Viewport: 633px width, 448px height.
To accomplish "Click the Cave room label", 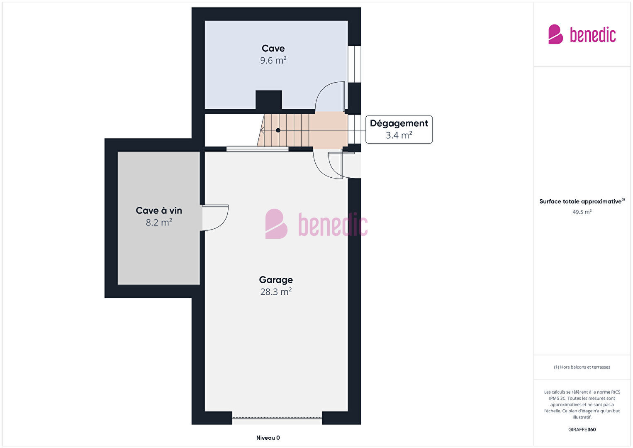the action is [x=273, y=48].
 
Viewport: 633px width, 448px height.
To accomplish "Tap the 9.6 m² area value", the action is [x=273, y=60].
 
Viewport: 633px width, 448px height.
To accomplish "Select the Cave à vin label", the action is [x=159, y=211].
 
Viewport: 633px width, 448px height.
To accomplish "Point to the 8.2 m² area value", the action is [x=159, y=223].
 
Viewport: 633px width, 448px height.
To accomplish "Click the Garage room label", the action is [x=276, y=280].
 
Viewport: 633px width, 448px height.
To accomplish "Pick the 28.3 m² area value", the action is [x=276, y=291].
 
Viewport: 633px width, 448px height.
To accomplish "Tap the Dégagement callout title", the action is [x=399, y=123].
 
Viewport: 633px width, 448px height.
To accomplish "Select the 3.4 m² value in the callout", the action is [x=399, y=135].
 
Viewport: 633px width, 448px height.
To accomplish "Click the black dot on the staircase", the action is [x=278, y=130].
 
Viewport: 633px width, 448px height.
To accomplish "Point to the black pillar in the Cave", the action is [x=269, y=100].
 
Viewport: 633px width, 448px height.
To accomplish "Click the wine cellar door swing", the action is [x=215, y=218].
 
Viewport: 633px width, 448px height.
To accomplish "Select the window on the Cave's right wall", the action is [x=354, y=64].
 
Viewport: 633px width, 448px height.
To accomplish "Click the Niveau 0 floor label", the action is [x=268, y=438].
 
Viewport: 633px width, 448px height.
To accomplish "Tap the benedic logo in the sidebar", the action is [x=582, y=34].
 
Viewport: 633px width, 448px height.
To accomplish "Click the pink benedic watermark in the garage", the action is [x=316, y=224].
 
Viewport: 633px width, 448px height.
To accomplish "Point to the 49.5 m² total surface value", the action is [x=582, y=212].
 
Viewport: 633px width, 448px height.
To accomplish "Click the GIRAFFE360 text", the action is [x=582, y=429].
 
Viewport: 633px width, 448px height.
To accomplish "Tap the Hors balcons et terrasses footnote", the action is [x=582, y=367].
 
